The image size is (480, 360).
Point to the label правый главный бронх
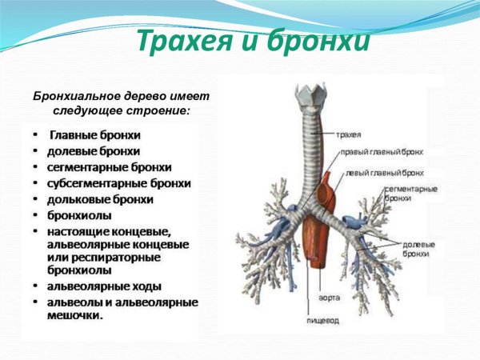tap(380, 151)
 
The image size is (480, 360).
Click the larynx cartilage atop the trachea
tap(307, 95)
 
